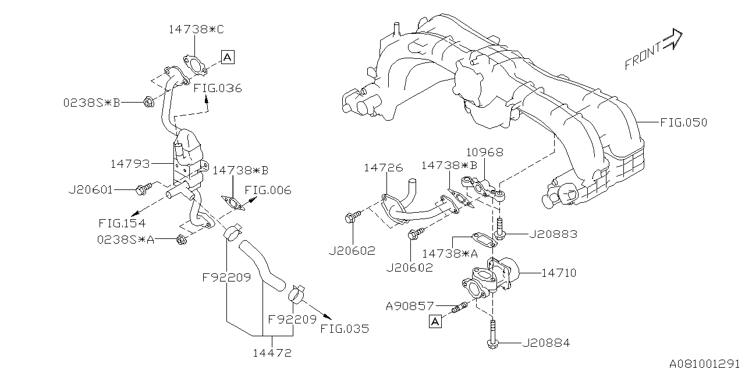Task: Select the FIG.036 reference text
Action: pos(218,89)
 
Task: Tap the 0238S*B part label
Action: pos(91,103)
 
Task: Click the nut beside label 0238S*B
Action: pos(148,103)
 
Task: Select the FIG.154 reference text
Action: pos(122,223)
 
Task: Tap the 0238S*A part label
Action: pos(126,239)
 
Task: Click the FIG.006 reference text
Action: pos(268,191)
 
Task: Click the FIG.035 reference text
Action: pos(345,328)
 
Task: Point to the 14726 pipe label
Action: pos(382,168)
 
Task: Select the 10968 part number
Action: pos(484,153)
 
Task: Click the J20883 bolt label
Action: pos(553,234)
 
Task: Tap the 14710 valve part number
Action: pos(559,272)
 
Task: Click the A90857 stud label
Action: pos(410,305)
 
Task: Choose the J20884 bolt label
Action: pos(546,343)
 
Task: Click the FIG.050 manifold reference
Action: pos(683,122)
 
